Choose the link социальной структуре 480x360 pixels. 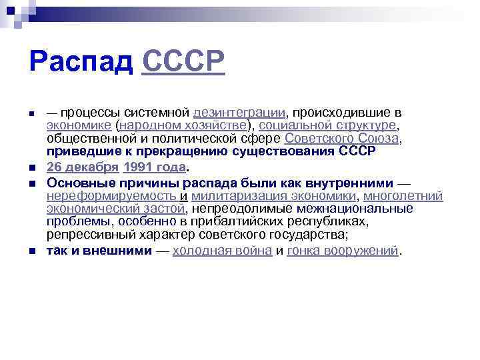point(327,125)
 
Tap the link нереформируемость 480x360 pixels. point(111,196)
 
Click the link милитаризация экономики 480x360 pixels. point(273,196)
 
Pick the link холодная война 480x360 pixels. point(222,251)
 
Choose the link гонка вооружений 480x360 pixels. point(342,251)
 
